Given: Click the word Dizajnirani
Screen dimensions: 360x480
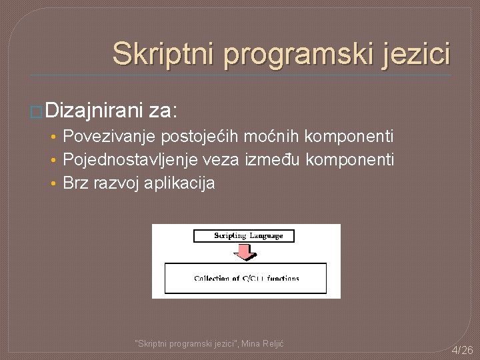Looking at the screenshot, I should point(95,107).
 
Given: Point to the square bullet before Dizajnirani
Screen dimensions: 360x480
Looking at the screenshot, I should point(38,109).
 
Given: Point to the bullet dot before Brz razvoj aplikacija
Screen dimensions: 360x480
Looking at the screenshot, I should point(53,184).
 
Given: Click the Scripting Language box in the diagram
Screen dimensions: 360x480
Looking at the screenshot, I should point(243,235).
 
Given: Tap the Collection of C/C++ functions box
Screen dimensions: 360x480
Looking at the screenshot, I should point(246,278).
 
